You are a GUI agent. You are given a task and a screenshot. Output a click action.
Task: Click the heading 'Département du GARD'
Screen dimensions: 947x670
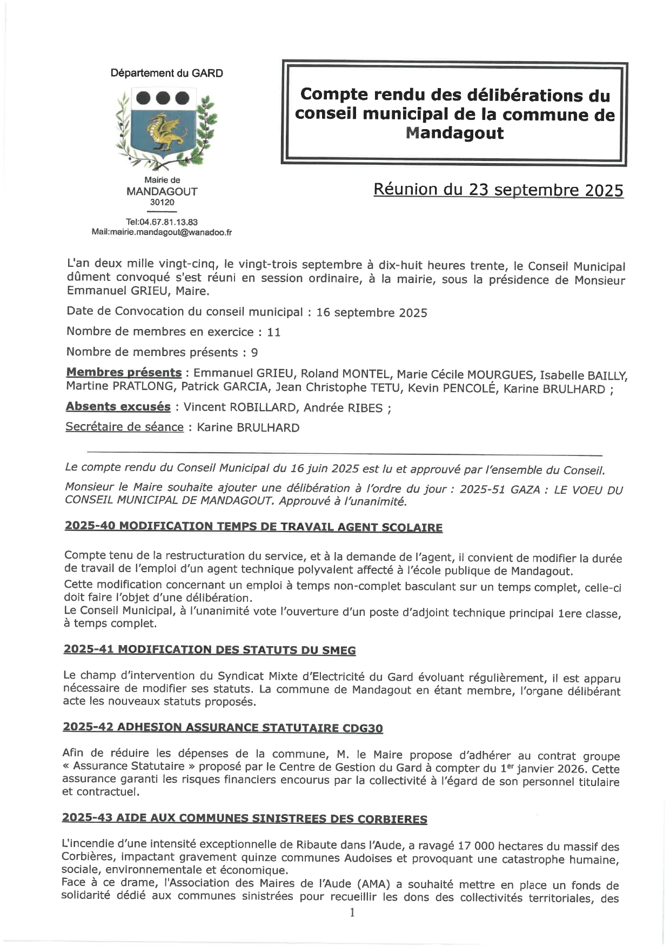[x=166, y=73]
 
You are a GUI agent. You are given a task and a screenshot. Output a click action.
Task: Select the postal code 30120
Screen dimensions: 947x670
[x=162, y=203]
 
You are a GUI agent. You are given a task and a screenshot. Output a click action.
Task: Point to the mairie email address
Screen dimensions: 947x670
[x=162, y=232]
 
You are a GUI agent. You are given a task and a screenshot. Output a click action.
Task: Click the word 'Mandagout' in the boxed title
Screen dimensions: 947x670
[x=454, y=133]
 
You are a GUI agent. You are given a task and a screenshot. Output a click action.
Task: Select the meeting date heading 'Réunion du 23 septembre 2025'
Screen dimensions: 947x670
[x=498, y=190]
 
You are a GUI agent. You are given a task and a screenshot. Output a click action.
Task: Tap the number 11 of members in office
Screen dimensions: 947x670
[x=274, y=332]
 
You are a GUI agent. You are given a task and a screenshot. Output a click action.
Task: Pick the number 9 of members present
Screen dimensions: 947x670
[x=254, y=353]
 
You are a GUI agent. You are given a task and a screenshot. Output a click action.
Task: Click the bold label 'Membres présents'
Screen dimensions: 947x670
[x=124, y=373]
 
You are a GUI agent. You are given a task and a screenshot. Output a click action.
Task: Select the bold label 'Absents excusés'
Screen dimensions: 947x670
[x=118, y=407]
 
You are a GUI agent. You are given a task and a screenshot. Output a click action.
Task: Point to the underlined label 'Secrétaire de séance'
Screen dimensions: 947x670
[x=125, y=427]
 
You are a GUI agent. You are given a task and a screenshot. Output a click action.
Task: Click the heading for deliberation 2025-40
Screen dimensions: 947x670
[x=253, y=527]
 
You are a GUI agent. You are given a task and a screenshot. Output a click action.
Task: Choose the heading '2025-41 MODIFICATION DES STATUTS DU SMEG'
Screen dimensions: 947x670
[x=210, y=650]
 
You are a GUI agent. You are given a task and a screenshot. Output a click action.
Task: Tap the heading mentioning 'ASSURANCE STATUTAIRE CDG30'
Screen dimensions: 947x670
[x=223, y=728]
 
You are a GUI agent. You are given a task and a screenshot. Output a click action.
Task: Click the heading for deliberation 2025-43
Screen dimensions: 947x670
[x=244, y=818]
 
